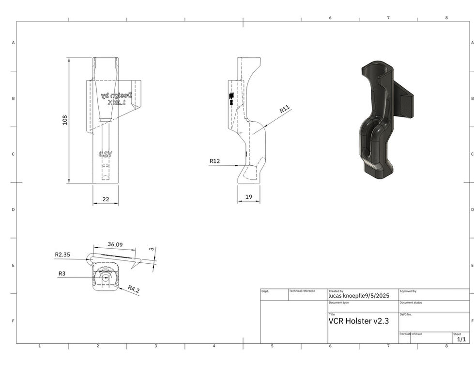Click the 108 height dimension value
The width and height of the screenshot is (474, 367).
[x=65, y=120]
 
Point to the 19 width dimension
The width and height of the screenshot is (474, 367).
[x=248, y=197]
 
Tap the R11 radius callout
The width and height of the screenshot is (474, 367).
[x=285, y=110]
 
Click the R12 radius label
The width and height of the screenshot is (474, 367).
[x=214, y=161]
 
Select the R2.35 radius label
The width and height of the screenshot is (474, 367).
[x=63, y=254]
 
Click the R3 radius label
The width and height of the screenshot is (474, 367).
[x=62, y=273]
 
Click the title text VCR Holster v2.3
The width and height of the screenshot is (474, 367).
[x=358, y=321]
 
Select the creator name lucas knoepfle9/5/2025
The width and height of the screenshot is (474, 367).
[x=359, y=296]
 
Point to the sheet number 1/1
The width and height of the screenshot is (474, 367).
[x=461, y=339]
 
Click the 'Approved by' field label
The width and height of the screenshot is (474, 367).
[x=408, y=291]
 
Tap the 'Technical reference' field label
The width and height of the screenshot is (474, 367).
[x=302, y=291]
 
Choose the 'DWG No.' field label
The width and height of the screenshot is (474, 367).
[x=405, y=314]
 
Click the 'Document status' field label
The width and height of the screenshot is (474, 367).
[x=411, y=303]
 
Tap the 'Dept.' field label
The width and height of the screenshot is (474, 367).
[x=265, y=291]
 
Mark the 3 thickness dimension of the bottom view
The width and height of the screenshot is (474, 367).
[x=152, y=249]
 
